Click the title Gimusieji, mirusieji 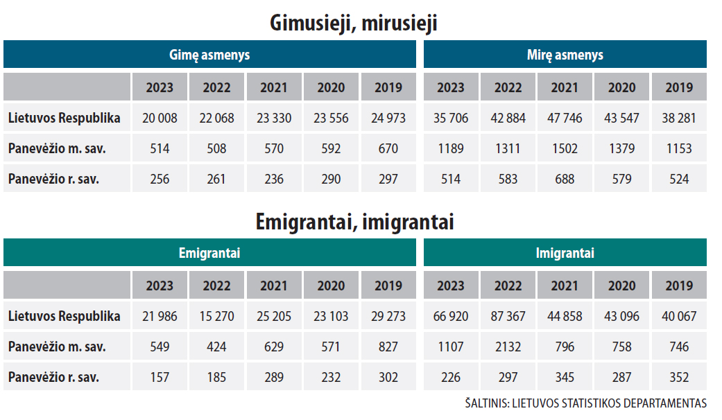point(354,22)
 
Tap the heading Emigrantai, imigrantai point(354,222)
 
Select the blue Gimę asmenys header point(209,54)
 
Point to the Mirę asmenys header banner point(565,54)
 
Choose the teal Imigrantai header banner point(565,252)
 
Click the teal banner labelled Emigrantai point(209,252)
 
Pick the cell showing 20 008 point(160,119)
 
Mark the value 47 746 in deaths point(565,119)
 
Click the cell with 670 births point(388,148)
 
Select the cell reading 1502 point(565,148)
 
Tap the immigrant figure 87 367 point(508,317)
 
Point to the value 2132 point(508,347)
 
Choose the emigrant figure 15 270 point(216,317)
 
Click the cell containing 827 point(388,347)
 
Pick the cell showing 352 point(679,377)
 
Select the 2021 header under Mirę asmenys point(565,87)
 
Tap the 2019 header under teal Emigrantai point(388,286)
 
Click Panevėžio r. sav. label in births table point(54,179)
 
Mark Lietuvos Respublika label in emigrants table point(65,317)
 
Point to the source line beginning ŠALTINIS point(585,403)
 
